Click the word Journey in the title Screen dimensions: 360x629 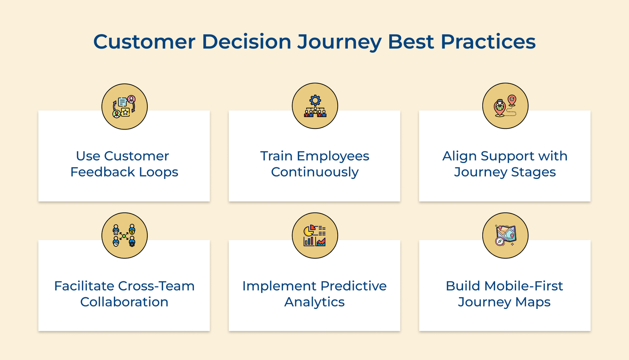(x=339, y=42)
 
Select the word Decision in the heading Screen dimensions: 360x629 (x=246, y=42)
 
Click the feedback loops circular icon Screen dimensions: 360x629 (x=124, y=107)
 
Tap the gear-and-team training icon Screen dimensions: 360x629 (x=314, y=106)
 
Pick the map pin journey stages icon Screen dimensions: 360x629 (x=505, y=106)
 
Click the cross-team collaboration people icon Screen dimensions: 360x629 (x=124, y=236)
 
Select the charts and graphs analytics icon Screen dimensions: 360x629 (x=314, y=236)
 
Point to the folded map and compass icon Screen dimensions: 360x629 (x=505, y=236)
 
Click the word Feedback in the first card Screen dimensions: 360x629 (x=103, y=172)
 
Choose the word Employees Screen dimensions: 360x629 (x=333, y=156)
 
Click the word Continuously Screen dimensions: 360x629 (x=314, y=172)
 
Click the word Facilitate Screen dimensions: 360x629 (x=84, y=286)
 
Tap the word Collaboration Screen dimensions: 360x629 (x=124, y=302)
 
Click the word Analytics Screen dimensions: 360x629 (x=314, y=302)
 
